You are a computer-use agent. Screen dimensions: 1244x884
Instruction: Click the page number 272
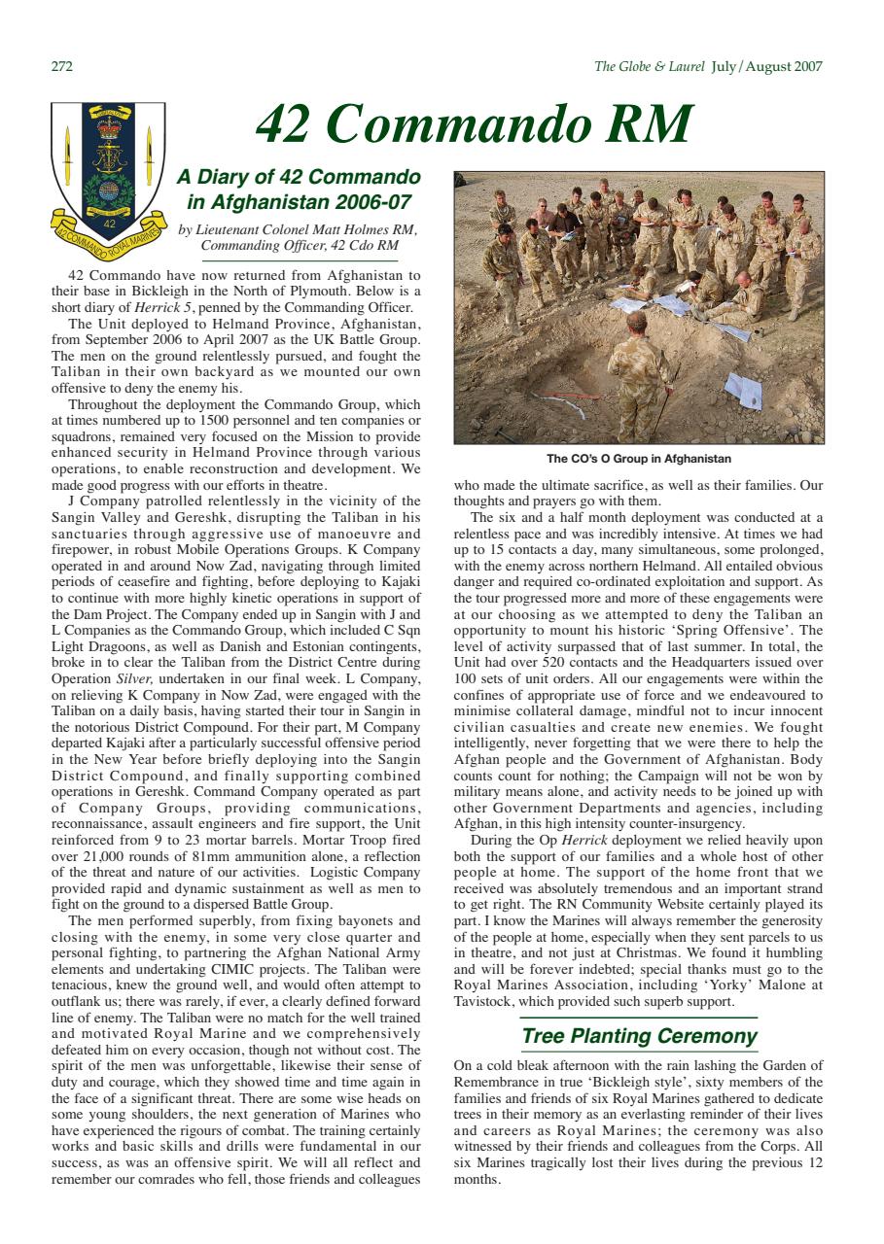61,67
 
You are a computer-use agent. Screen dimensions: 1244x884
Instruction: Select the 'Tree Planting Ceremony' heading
639,1036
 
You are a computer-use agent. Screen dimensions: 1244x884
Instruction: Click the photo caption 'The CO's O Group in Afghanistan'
639,459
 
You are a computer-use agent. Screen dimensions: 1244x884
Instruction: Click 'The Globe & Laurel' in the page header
649,67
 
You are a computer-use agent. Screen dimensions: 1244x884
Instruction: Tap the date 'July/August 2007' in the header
767,67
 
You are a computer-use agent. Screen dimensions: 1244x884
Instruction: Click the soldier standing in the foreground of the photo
639,374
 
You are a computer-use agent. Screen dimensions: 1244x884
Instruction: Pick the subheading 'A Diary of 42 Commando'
300,178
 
